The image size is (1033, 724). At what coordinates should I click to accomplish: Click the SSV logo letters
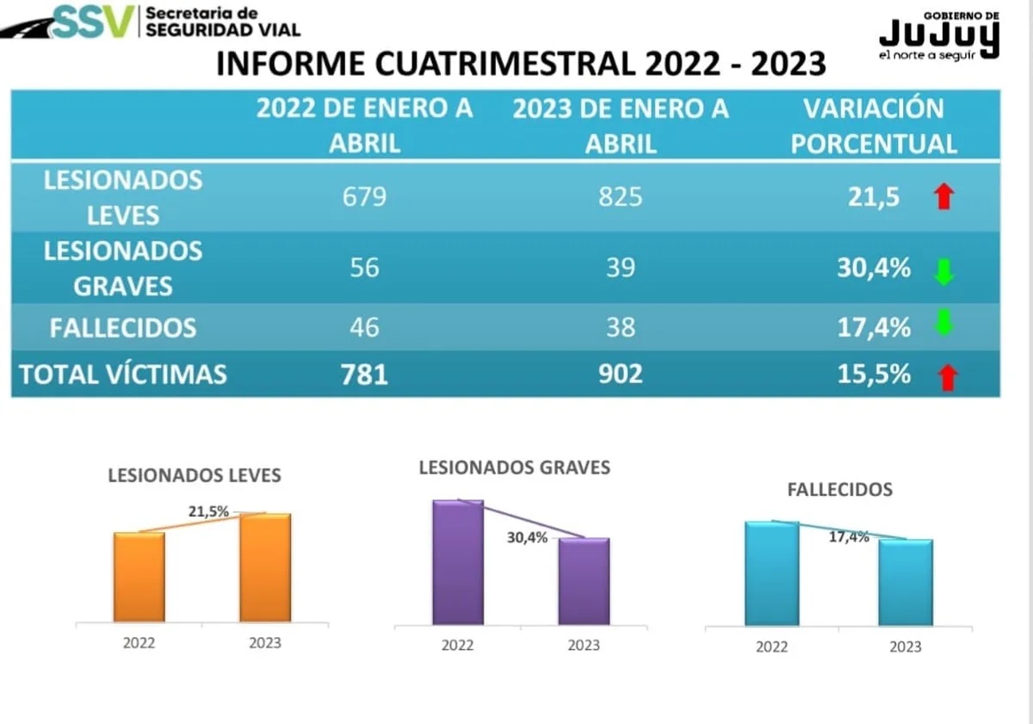point(94,22)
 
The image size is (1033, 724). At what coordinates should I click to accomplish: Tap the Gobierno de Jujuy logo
point(939,36)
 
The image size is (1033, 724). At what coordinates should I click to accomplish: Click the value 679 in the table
point(364,196)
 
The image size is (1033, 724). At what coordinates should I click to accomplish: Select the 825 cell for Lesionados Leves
point(621,196)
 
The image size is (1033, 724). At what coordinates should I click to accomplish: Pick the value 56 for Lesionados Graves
point(364,268)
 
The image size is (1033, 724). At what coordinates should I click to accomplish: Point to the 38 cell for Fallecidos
point(621,327)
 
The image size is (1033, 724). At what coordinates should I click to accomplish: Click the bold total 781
point(364,374)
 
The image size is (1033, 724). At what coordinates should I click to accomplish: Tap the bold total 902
point(621,374)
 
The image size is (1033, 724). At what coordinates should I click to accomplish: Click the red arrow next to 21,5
point(943,196)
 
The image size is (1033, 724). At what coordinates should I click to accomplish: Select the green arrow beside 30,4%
point(943,272)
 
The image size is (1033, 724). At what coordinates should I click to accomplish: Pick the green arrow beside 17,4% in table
point(943,321)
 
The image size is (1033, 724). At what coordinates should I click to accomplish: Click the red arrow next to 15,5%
point(948,378)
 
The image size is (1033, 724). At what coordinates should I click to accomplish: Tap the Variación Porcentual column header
point(874,126)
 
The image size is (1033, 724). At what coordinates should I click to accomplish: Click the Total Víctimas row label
point(123,374)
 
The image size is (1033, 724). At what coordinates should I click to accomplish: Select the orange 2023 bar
point(265,567)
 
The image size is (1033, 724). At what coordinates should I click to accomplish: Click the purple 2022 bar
point(458,563)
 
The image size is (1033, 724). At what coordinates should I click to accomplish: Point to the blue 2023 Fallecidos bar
point(906,583)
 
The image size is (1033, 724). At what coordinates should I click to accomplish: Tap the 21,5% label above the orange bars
point(208,511)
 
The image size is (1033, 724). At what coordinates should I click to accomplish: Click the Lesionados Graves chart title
point(514,467)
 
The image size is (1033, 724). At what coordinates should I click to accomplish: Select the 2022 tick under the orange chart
point(139,643)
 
